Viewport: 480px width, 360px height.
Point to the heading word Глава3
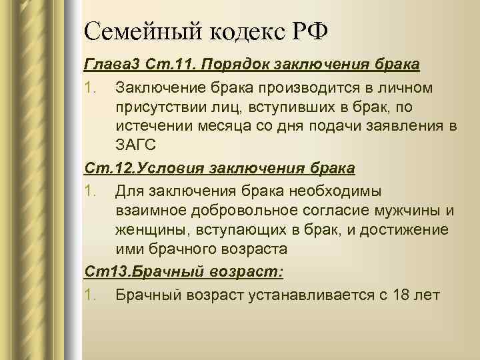[x=109, y=65]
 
